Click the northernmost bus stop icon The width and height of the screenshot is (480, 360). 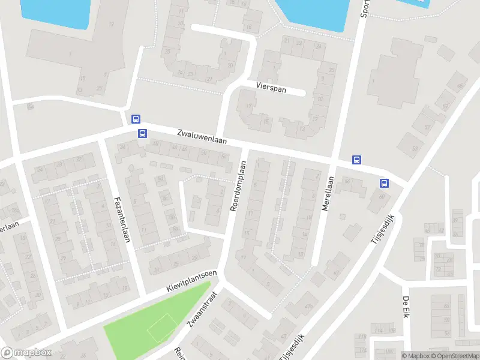coord(136,119)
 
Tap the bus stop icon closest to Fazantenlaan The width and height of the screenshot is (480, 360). coord(142,133)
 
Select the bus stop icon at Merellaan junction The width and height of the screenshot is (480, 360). coord(356,160)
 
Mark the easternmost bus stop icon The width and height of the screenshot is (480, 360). coord(384,184)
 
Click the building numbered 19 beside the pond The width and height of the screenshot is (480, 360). coord(111,24)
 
